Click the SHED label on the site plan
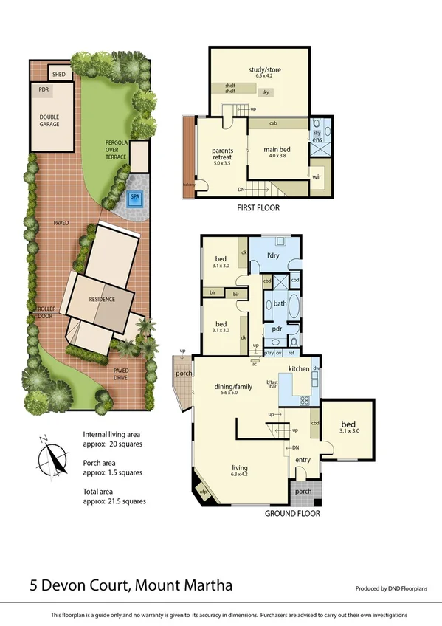59,73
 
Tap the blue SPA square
135,198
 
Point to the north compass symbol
47,453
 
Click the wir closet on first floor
318,177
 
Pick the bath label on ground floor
280,303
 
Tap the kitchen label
298,368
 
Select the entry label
303,460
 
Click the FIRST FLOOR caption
258,208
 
